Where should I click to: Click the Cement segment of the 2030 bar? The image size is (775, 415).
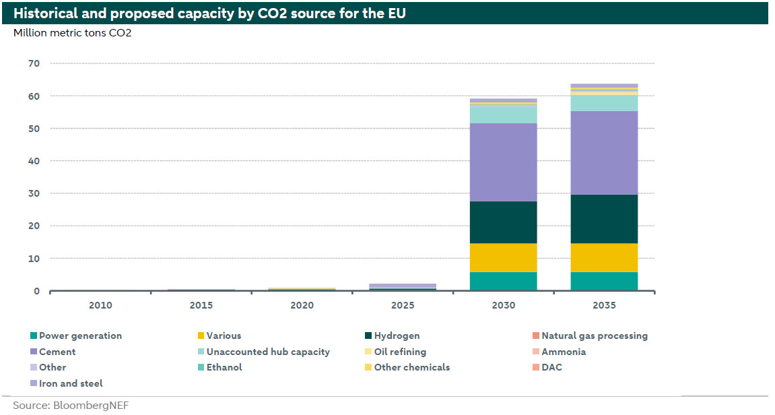point(503,162)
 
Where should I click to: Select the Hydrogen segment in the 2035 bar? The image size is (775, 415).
point(604,219)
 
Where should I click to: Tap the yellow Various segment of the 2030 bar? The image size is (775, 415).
point(503,257)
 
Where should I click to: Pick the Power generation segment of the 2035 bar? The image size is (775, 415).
point(604,281)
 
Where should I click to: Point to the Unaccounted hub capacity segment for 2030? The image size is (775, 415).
point(503,115)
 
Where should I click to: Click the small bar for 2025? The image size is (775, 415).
point(403,286)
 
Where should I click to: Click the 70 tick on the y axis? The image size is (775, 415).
point(34,63)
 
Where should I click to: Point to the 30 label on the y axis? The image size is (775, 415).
point(34,193)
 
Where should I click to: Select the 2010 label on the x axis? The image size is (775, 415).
point(100,305)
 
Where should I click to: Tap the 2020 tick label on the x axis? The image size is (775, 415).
point(302,305)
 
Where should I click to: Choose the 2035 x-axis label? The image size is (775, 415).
point(604,305)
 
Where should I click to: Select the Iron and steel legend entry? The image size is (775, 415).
point(71,383)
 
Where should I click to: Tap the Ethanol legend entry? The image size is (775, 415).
point(224,367)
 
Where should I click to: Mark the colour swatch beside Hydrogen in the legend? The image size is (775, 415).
point(368,336)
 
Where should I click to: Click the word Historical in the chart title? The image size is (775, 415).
point(47,13)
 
